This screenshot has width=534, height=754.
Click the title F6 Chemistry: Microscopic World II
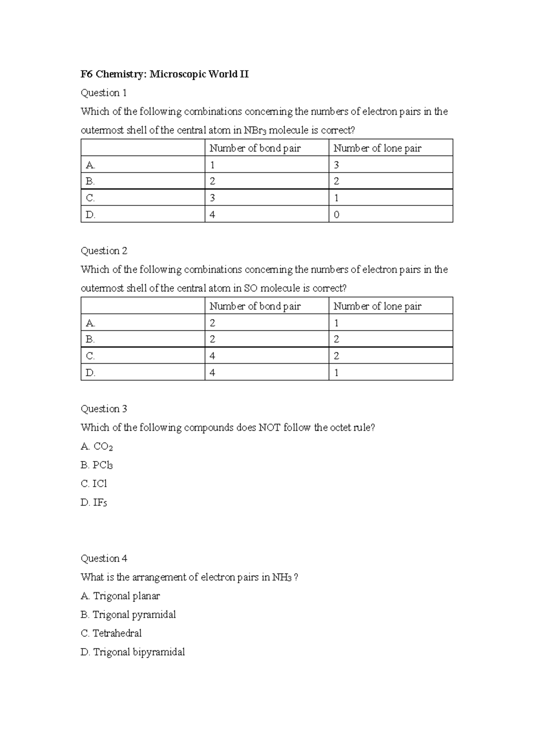pos(164,74)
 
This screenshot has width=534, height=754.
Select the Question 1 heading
pos(104,93)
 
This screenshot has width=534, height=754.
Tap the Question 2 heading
pos(104,251)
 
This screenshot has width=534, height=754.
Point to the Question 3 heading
pos(104,409)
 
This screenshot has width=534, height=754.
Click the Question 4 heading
pos(104,558)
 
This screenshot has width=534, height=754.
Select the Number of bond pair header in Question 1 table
pos(255,148)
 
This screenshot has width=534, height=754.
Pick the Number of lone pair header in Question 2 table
pos(377,306)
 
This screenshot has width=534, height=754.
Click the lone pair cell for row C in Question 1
pos(336,198)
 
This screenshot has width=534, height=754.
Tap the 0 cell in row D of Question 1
pos(336,215)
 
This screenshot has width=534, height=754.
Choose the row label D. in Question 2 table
pos(90,373)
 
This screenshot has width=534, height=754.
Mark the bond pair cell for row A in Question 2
pos(212,323)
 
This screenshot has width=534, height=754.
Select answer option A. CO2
pos(97,446)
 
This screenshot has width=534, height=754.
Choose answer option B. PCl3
pos(97,465)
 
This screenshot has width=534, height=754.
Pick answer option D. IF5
pos(94,503)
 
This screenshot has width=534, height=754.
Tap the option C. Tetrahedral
pos(111,633)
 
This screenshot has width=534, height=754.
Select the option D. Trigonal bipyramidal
pos(133,652)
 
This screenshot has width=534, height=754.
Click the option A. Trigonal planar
pos(120,596)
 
